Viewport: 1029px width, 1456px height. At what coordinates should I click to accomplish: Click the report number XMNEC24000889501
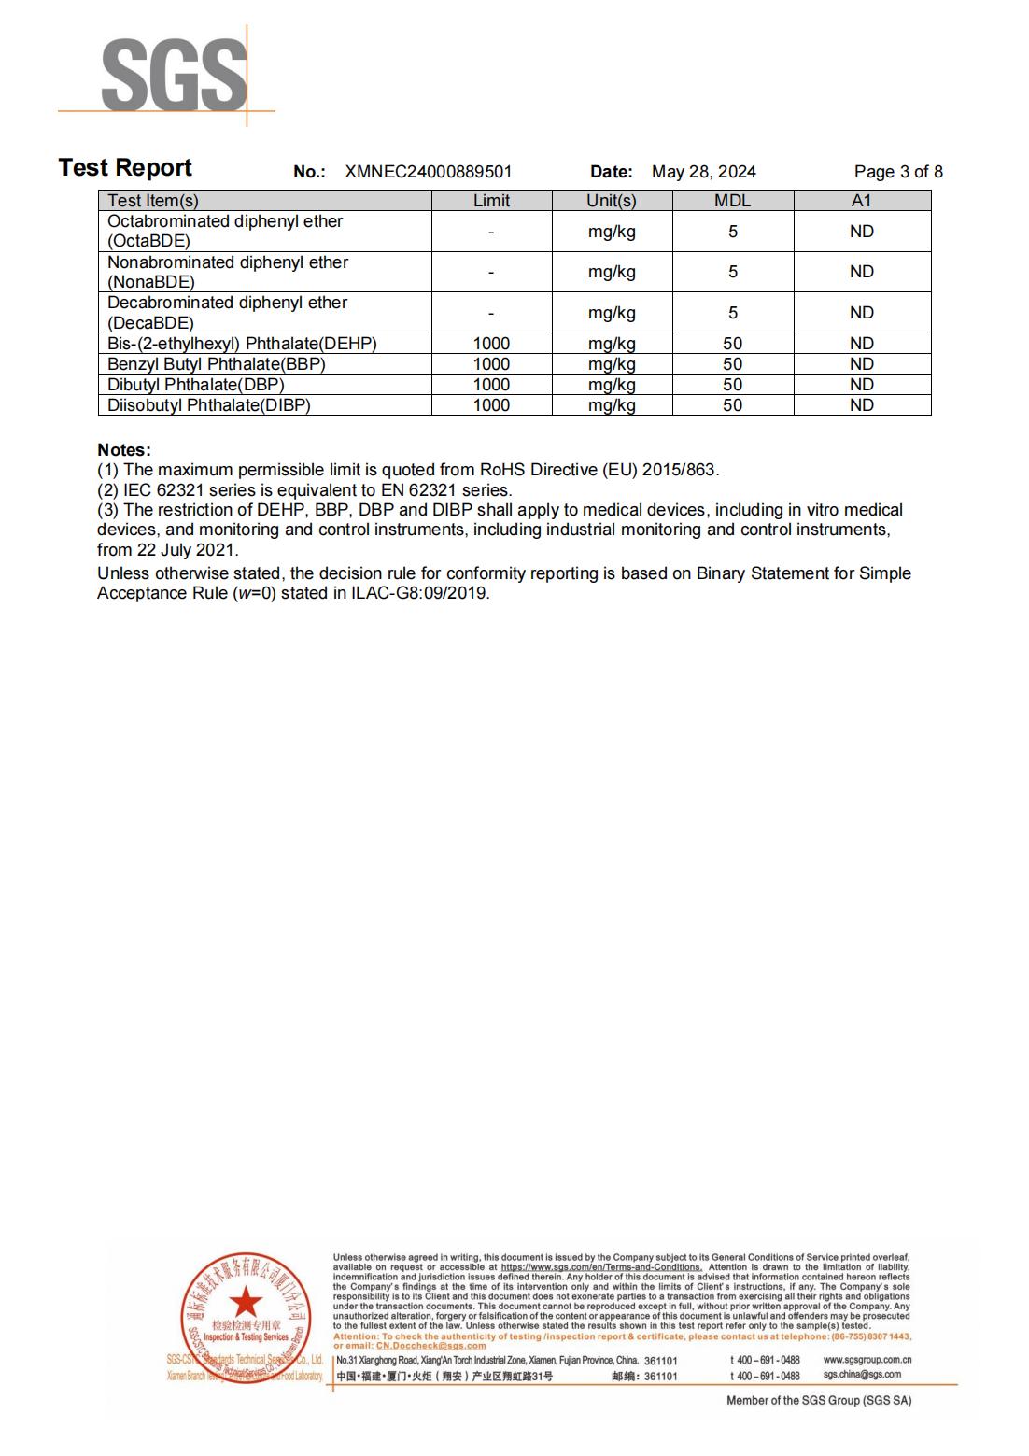428,172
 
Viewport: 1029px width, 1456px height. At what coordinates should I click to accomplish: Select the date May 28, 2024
703,172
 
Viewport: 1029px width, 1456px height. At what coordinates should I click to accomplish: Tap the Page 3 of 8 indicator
897,172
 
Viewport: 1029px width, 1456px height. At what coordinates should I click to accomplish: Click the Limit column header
491,201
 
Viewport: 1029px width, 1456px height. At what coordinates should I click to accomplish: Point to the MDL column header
732,201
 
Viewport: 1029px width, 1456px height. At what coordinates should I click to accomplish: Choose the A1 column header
861,201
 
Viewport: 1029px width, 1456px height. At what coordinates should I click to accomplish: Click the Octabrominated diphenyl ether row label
224,231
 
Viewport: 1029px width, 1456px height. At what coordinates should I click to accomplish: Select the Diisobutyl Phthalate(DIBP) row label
209,405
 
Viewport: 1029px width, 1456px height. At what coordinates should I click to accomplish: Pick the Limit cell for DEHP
491,344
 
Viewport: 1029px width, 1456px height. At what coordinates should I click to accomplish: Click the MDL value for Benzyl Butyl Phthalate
732,364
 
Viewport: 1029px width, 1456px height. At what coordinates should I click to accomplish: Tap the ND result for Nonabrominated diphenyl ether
861,272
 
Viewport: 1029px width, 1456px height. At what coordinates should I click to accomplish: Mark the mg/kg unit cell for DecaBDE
612,313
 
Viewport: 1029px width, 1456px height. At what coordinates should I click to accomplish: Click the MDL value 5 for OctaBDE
732,232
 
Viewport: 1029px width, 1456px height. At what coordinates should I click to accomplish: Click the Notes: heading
123,450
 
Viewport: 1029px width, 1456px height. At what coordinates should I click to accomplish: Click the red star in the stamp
246,1301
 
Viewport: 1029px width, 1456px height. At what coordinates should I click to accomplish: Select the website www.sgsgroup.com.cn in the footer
867,1361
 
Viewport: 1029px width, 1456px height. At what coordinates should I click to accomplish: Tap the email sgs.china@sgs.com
861,1375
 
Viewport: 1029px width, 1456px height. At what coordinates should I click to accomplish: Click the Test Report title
125,168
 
